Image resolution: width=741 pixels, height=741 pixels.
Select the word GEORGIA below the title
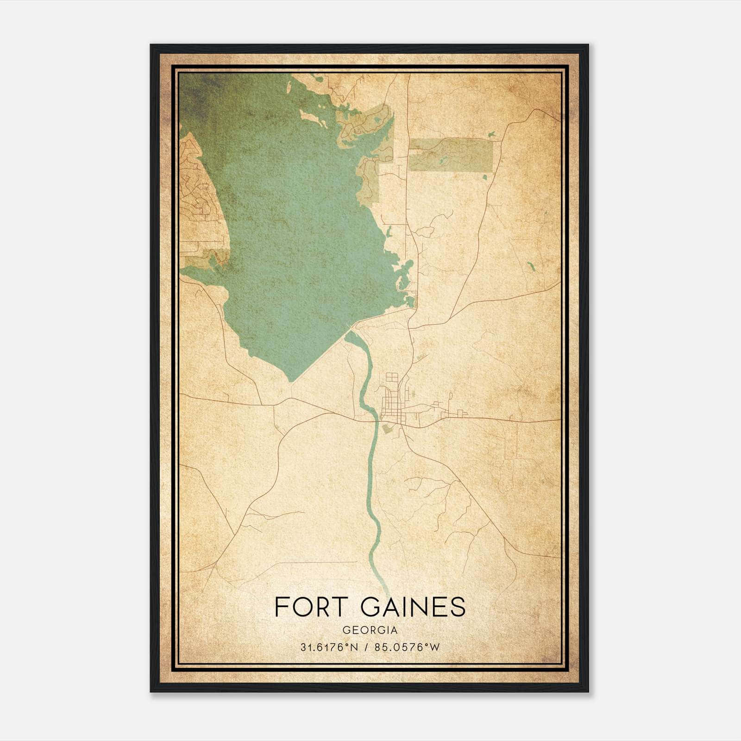[x=370, y=630]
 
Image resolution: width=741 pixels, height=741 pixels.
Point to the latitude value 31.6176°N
[x=328, y=647]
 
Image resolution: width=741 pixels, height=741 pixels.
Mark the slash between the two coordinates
[x=366, y=647]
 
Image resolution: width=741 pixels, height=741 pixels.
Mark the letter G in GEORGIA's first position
[x=346, y=630]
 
